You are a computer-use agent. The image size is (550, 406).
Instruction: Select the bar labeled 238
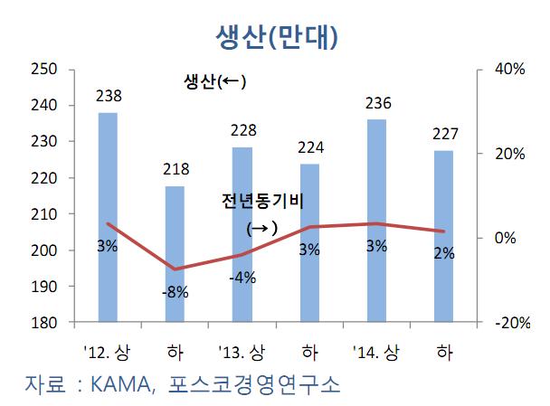108,217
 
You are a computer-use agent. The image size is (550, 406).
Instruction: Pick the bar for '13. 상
242,234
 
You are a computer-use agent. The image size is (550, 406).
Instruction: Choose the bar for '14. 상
376,221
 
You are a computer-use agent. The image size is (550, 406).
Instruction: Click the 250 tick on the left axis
44,70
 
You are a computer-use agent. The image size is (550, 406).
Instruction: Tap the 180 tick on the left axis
44,323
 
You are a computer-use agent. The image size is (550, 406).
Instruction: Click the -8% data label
175,292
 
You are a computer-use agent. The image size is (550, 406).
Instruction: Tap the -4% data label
242,278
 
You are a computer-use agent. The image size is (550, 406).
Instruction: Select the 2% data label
443,254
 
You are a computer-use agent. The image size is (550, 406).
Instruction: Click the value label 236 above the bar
377,103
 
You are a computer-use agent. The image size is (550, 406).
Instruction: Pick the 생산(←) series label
213,83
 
